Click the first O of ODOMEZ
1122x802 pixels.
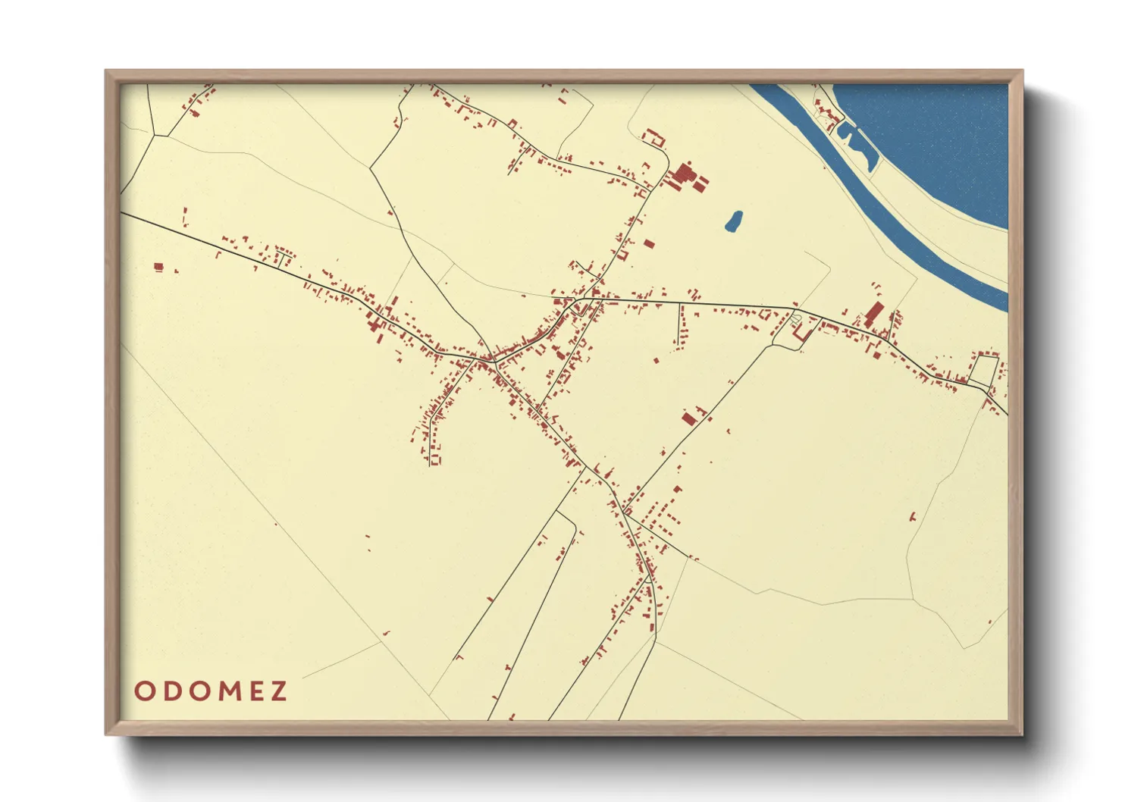[143, 691]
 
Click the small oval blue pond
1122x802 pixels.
[733, 221]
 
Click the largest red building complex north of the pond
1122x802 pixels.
[685, 177]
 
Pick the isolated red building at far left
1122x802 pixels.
[158, 266]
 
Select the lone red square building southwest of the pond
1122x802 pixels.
[649, 244]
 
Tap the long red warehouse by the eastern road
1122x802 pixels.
[874, 314]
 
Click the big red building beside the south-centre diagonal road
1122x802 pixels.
[689, 418]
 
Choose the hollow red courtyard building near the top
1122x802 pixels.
[653, 138]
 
